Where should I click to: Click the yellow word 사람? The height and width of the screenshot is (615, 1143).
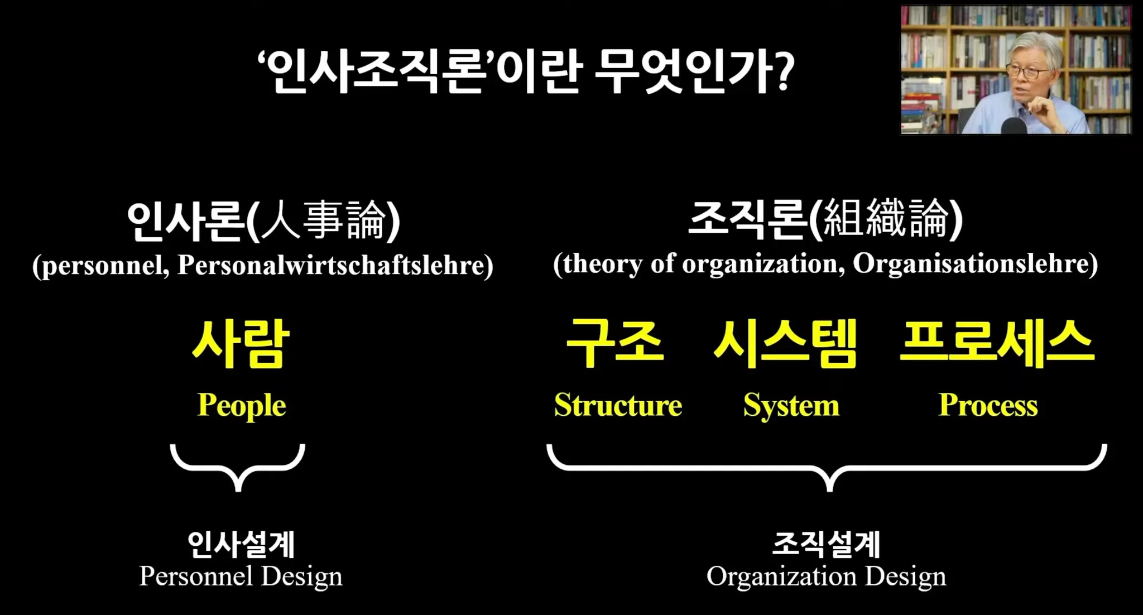(241, 343)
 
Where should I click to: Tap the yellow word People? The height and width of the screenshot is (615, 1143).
(242, 406)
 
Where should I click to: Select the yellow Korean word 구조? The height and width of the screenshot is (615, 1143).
(615, 343)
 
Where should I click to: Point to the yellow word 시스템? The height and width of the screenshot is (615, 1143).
(785, 343)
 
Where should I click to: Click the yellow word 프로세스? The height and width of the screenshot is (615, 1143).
(997, 343)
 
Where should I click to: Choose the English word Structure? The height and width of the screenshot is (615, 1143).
(618, 405)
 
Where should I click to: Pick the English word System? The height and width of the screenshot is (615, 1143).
(791, 406)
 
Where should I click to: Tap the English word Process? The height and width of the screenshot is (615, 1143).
(988, 405)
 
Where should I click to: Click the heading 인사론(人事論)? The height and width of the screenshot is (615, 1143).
(263, 221)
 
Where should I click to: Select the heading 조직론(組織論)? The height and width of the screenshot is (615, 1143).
(825, 219)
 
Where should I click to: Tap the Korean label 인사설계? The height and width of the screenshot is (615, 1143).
(241, 544)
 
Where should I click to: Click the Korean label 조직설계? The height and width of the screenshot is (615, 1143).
(827, 544)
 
